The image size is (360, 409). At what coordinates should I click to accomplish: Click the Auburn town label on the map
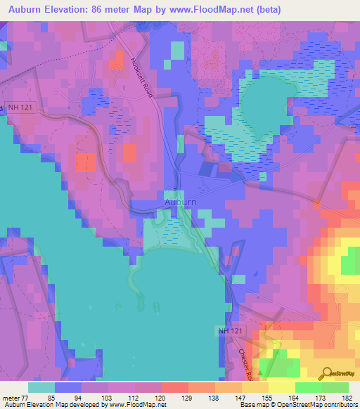coord(179,202)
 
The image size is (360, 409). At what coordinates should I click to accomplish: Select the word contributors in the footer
coord(340,405)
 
